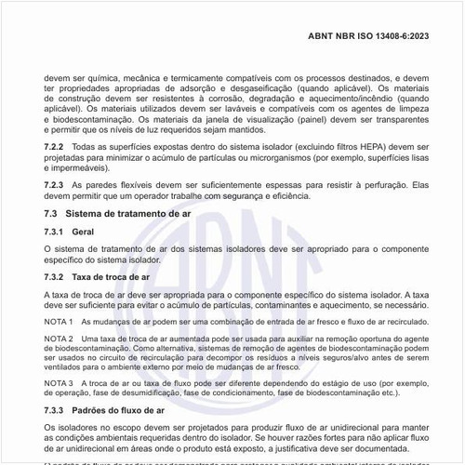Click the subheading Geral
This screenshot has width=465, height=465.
pyautogui.click(x=83, y=231)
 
